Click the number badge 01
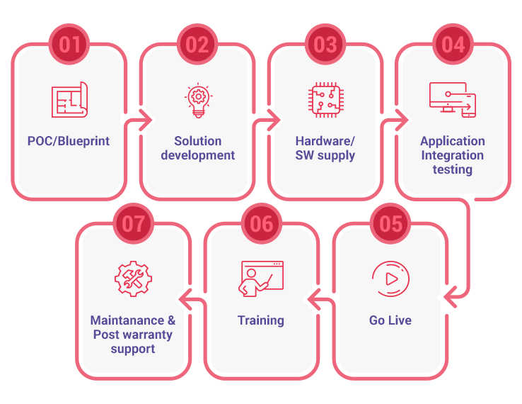click(x=69, y=45)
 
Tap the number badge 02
click(x=197, y=45)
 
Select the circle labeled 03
click(x=325, y=45)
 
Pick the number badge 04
click(x=453, y=45)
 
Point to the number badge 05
click(x=390, y=224)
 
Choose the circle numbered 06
click(x=262, y=224)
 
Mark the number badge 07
click(x=133, y=224)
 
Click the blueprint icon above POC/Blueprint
click(x=69, y=100)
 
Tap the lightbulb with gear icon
click(x=197, y=101)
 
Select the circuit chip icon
click(x=325, y=100)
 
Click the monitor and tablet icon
click(x=453, y=100)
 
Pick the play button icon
click(x=390, y=279)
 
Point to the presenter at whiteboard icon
click(x=261, y=279)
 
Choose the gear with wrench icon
click(x=133, y=279)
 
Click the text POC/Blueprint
click(x=69, y=141)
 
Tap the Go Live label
click(x=390, y=320)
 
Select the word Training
click(x=261, y=320)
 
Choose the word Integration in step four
click(x=453, y=155)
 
